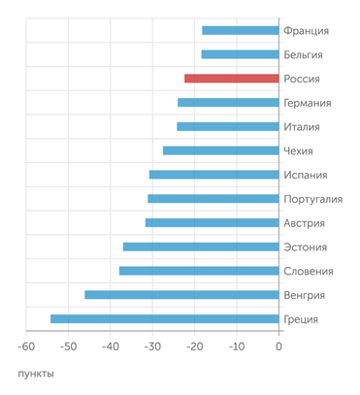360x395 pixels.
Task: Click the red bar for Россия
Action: [231, 79]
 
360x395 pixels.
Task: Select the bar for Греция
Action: [164, 318]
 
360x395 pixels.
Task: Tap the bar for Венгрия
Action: [181, 294]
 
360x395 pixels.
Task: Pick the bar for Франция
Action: [240, 30]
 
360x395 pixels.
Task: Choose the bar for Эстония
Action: [201, 247]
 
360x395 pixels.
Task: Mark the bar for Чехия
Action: [220, 150]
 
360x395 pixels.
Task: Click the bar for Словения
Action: [199, 271]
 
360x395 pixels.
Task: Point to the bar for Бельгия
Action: [240, 54]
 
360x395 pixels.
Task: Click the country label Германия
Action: [308, 103]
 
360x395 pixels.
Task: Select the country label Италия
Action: [302, 127]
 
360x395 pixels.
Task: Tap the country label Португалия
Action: [312, 199]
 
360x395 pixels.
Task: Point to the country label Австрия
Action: [305, 223]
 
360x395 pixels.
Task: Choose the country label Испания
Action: [306, 175]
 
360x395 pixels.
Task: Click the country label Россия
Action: [302, 79]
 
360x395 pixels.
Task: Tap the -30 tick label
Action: [151, 345]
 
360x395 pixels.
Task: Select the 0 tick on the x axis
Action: [278, 345]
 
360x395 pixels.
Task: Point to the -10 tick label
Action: [236, 345]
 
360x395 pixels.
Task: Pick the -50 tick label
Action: [67, 345]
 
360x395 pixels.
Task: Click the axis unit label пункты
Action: [36, 373]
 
